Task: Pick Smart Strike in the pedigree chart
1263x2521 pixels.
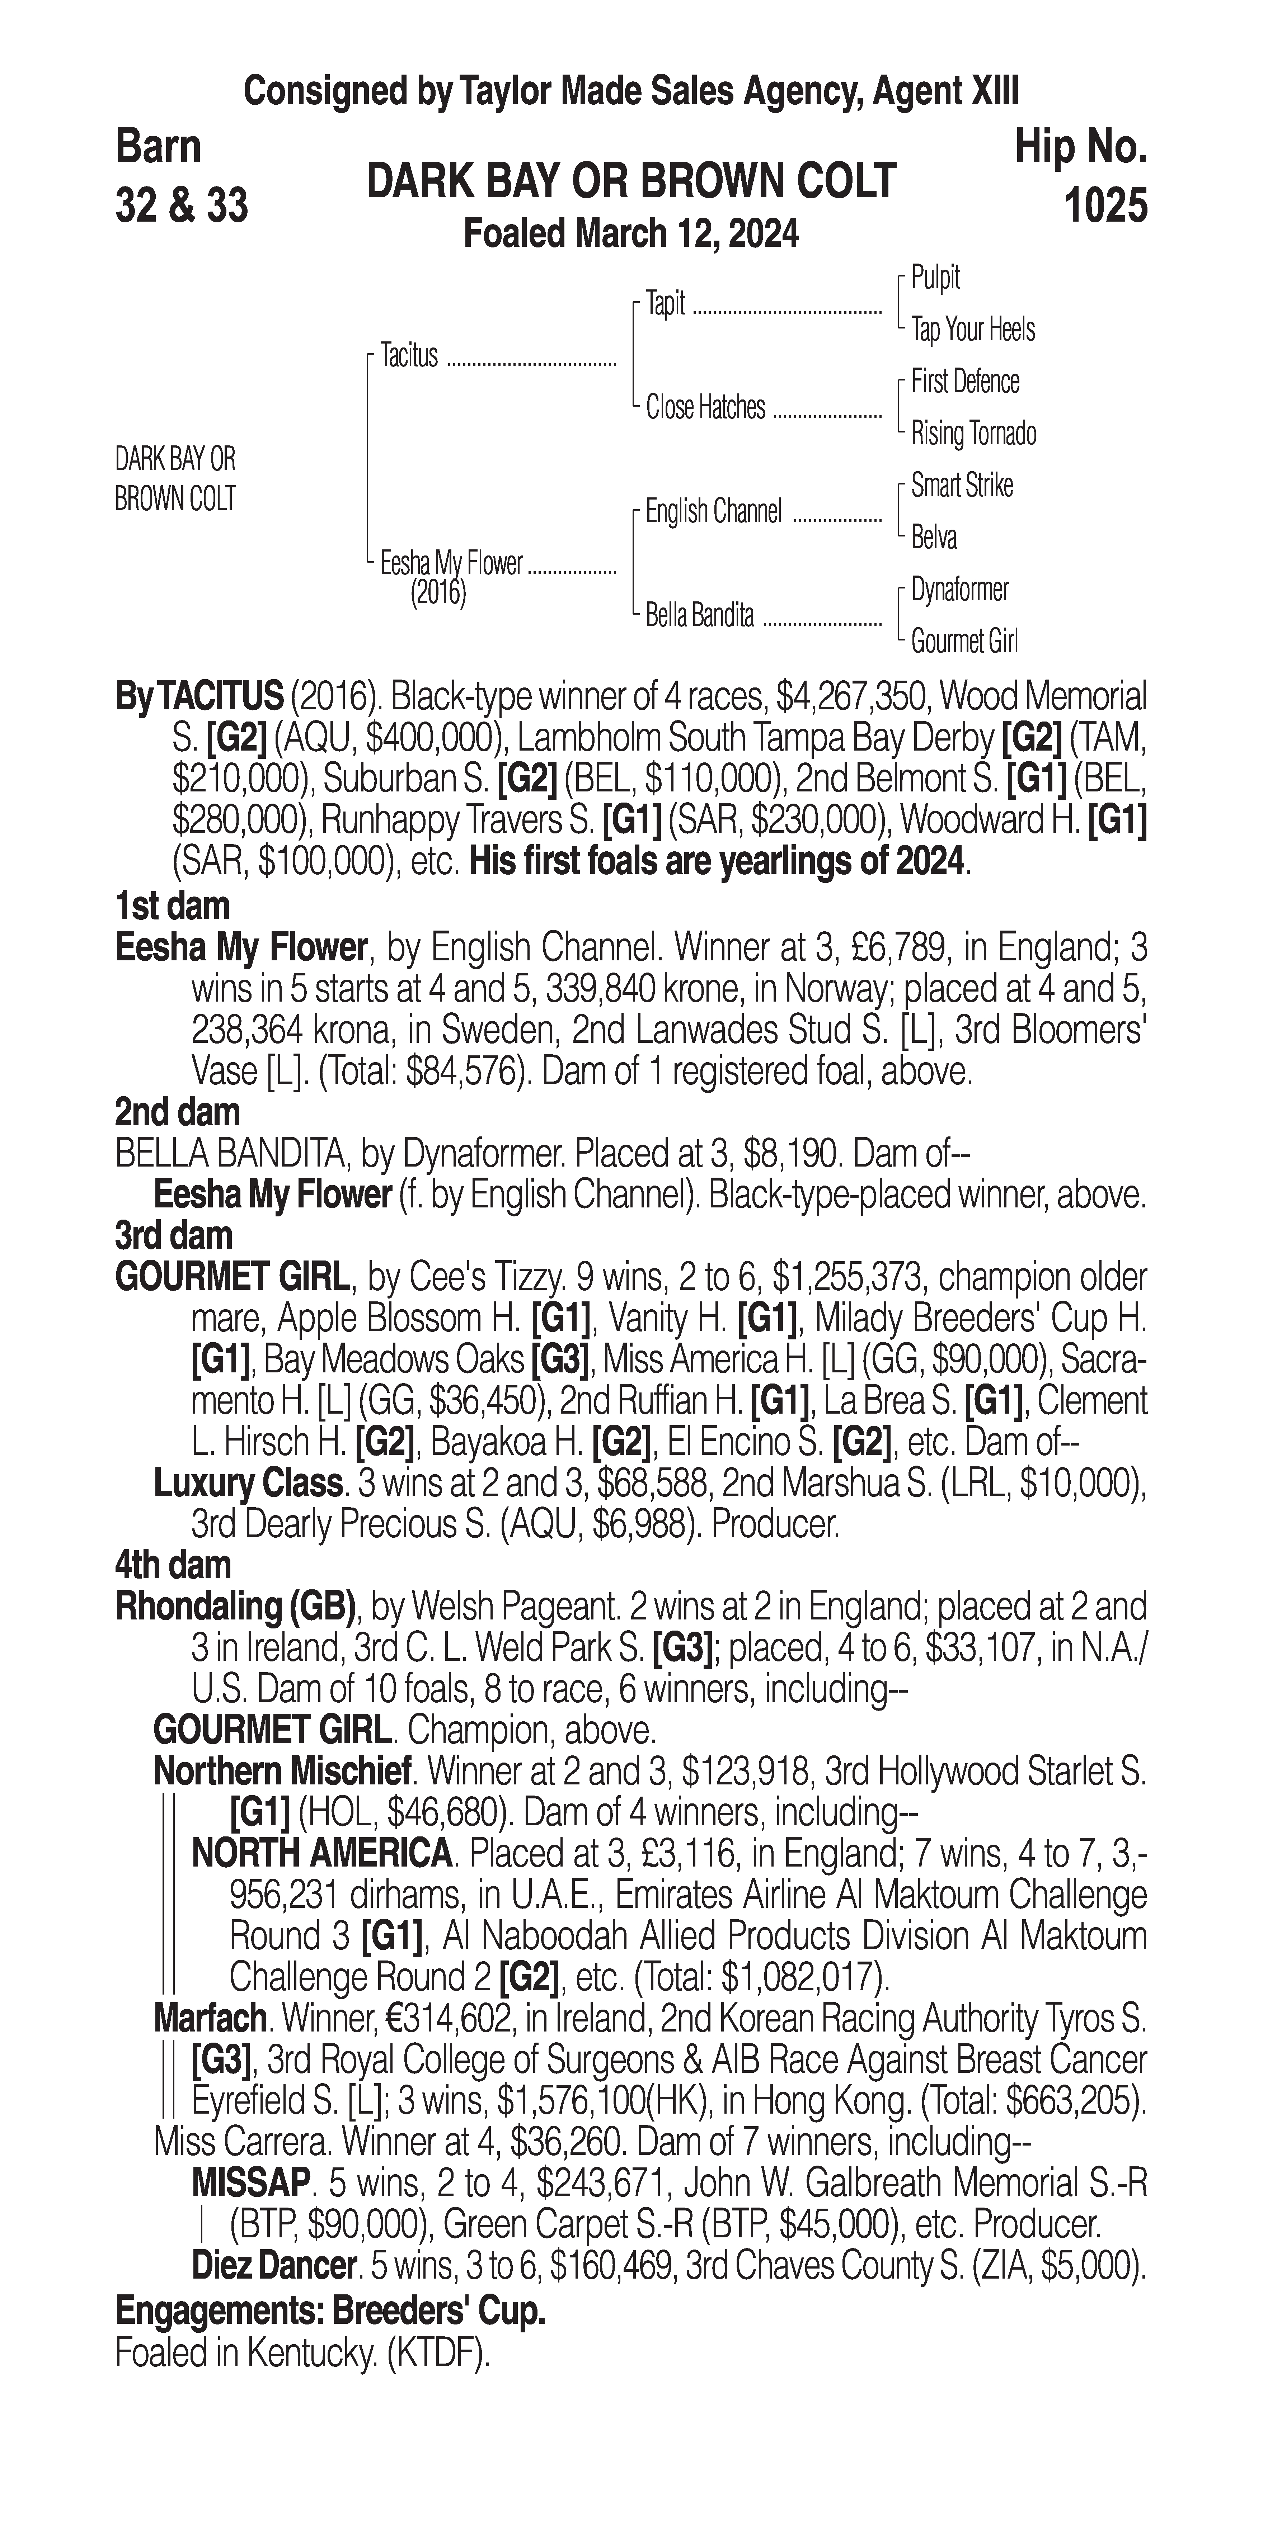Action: coord(962,486)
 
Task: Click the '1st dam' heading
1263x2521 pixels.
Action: coord(172,906)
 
